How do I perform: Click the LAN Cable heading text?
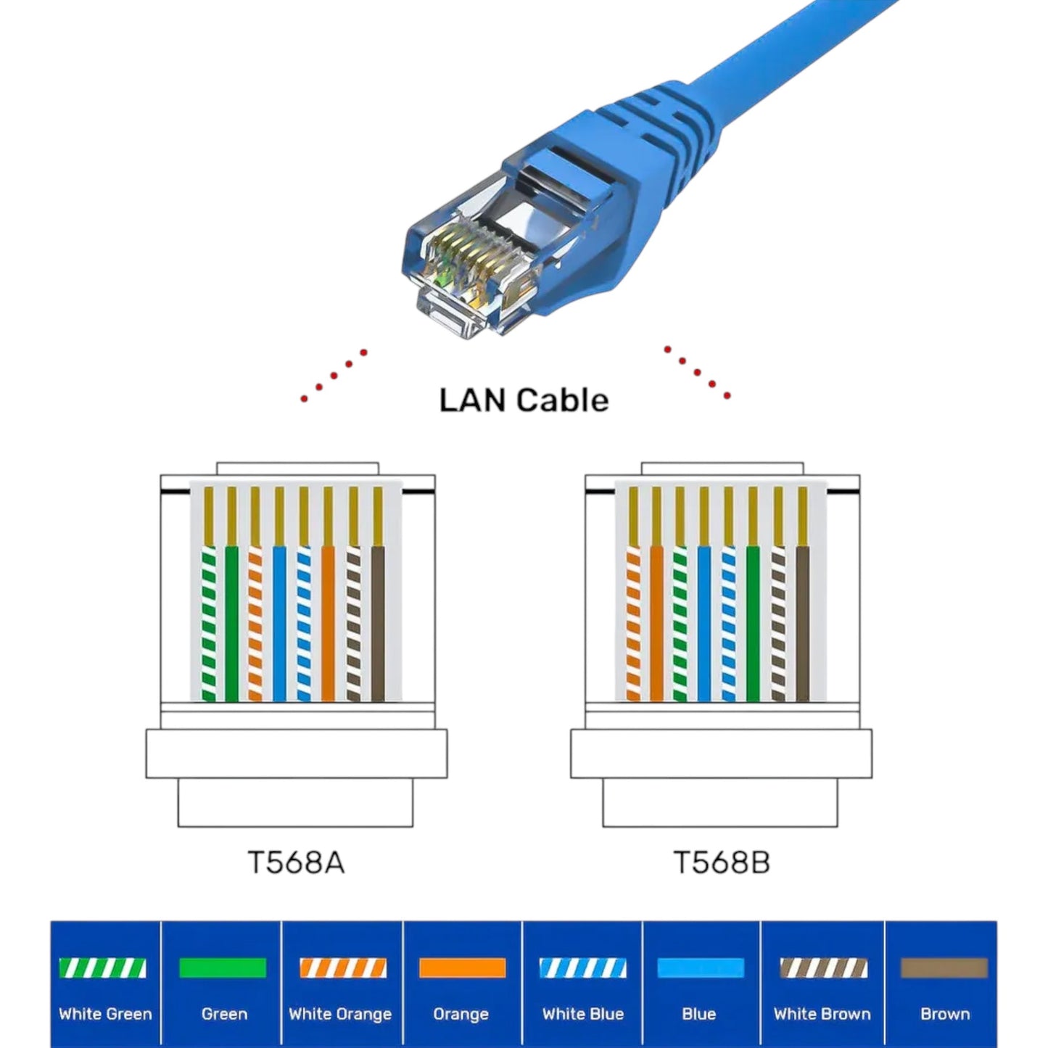(524, 400)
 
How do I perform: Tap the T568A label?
(296, 862)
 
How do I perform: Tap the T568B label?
(721, 862)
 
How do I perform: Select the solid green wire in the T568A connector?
(231, 624)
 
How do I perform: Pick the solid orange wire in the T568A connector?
(328, 624)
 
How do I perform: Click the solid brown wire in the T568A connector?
(378, 624)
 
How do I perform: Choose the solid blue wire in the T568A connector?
(279, 624)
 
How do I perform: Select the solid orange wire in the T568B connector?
(656, 624)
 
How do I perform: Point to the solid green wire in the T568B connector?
(753, 624)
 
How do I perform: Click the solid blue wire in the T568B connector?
(704, 624)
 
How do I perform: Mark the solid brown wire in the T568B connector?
(802, 624)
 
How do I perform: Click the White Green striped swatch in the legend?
(102, 968)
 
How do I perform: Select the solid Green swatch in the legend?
(223, 968)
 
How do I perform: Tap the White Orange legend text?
(340, 1014)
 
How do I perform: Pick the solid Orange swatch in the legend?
(462, 968)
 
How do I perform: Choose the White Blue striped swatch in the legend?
(582, 968)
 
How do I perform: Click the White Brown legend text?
(822, 1014)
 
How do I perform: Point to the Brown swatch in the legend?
(944, 968)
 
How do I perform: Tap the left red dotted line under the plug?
(334, 376)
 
